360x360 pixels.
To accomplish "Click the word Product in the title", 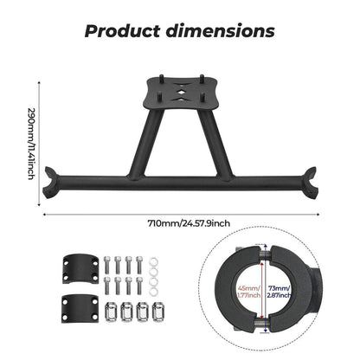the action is [122, 31].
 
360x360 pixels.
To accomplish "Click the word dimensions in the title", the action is [221, 31].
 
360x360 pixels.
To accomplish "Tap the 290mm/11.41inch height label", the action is [31, 144].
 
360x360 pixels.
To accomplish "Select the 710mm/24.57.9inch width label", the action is [189, 223].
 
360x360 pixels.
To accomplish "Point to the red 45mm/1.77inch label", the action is [248, 292].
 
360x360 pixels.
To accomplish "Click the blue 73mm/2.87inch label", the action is [280, 292].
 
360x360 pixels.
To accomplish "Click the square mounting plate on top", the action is [181, 93].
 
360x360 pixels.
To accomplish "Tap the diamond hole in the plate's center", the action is [181, 92].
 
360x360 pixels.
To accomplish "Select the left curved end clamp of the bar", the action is [51, 182].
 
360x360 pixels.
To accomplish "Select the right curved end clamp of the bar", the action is [310, 182].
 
